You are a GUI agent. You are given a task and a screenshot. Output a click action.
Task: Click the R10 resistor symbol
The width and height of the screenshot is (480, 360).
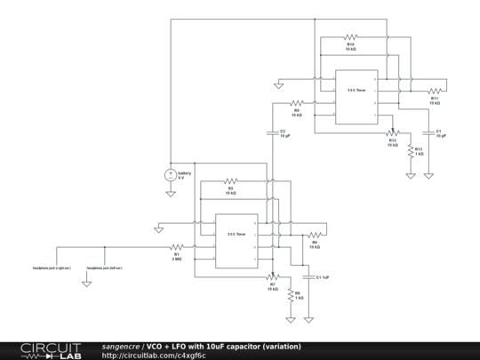pyautogui.click(x=350, y=37)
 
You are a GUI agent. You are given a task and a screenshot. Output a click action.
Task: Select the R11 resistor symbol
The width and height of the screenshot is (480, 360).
pyautogui.click(x=434, y=91)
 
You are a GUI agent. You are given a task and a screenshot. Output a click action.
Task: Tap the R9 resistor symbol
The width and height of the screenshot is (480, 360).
pyautogui.click(x=297, y=103)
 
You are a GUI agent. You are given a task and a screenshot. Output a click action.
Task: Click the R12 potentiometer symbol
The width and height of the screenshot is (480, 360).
pyautogui.click(x=391, y=132)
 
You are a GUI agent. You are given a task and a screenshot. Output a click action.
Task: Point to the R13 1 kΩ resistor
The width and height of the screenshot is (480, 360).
pyautogui.click(x=411, y=151)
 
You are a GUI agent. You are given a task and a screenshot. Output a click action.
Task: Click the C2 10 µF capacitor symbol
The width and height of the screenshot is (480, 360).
pyautogui.click(x=273, y=130)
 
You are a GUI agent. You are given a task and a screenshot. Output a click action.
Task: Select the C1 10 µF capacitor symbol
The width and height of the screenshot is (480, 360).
pyautogui.click(x=430, y=131)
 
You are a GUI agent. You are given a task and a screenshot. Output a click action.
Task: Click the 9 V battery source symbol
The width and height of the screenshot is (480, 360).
pyautogui.click(x=170, y=174)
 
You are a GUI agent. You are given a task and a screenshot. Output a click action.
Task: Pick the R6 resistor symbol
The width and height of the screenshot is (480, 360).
pyautogui.click(x=314, y=236)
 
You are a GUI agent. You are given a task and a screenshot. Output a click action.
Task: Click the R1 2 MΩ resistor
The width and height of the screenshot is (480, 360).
pyautogui.click(x=177, y=246)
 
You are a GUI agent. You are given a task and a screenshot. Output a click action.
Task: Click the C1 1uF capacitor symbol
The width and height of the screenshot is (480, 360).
pyautogui.click(x=308, y=276)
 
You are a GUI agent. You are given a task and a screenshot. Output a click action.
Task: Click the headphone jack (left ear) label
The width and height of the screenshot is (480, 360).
pyautogui.click(x=104, y=267)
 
